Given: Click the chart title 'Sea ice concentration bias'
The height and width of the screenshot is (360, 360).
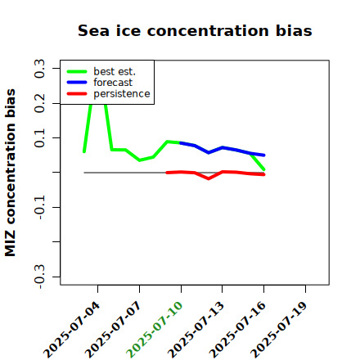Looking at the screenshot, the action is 195,30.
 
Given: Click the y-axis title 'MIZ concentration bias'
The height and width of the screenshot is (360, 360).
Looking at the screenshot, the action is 11,173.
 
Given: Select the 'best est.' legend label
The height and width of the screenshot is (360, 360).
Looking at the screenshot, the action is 115,71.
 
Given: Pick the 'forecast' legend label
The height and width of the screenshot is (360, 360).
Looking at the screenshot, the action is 113,83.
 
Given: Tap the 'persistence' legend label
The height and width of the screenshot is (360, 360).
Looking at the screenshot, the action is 122,94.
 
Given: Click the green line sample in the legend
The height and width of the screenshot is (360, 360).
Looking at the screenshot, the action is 77,71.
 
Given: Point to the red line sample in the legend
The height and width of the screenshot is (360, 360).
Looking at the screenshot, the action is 77,94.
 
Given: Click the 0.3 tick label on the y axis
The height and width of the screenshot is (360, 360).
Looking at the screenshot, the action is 39,69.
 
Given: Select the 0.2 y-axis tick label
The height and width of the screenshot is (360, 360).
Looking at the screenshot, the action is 39,103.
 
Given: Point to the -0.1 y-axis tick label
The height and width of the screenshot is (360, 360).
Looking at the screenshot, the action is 39,207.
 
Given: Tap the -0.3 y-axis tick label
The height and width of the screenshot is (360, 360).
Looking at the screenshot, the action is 39,277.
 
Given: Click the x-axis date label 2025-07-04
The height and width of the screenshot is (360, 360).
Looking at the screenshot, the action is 72,330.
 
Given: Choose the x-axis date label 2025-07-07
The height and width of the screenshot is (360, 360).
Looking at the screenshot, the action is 113,330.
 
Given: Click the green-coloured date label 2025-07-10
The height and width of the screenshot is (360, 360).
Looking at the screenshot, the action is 155,330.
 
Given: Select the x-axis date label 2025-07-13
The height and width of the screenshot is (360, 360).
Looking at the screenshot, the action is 196,330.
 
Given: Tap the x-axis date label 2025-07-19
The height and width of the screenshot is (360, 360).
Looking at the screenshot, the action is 279,330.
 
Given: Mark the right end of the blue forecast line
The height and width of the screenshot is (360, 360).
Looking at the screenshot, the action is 264,155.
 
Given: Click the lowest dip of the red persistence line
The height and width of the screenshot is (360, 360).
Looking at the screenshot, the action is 209,178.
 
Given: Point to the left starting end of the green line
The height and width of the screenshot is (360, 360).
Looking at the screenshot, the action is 84,151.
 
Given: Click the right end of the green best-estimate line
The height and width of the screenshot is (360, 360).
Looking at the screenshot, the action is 264,169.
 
